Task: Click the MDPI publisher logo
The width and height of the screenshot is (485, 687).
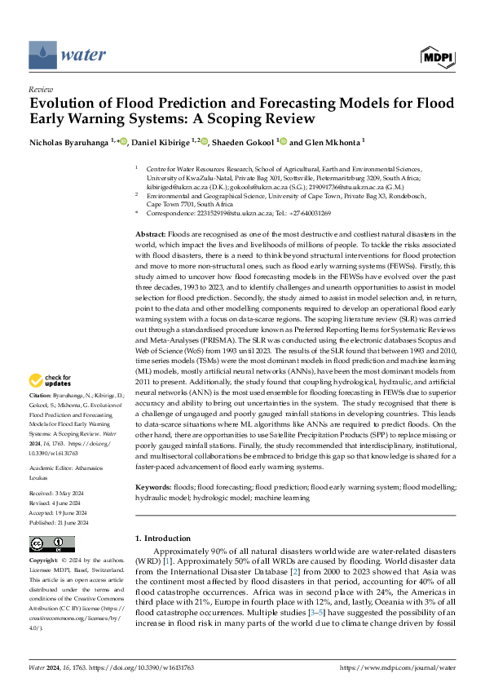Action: (x=438, y=55)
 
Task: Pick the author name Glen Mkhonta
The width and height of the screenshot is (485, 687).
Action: (x=335, y=142)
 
